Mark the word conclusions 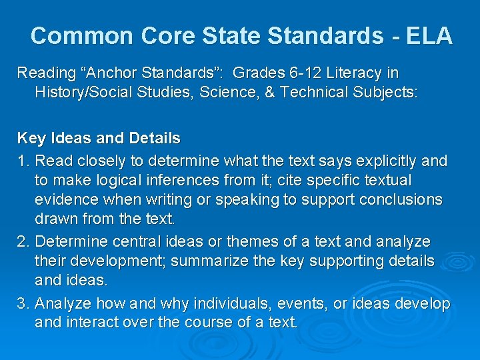[398, 200]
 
